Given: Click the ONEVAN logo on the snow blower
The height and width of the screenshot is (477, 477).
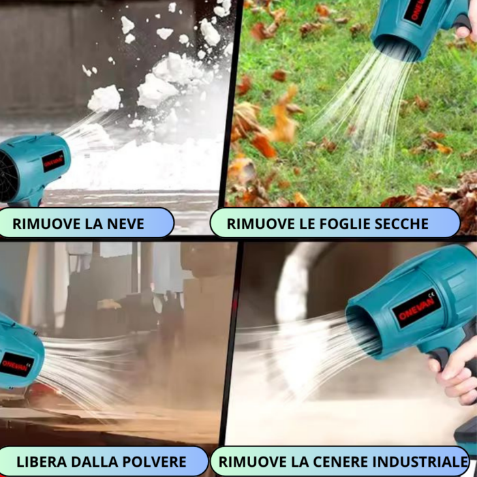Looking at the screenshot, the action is pos(53,161).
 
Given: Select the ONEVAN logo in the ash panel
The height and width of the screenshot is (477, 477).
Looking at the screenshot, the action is pos(416,309).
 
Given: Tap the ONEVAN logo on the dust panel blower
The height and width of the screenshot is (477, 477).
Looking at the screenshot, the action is pos(15,364).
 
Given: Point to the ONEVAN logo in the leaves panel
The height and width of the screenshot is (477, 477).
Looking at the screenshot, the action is pos(416,11).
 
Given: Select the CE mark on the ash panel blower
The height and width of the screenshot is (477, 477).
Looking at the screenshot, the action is pos(431,294).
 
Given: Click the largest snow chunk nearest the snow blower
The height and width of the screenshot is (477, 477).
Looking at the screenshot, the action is pos(104,98).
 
